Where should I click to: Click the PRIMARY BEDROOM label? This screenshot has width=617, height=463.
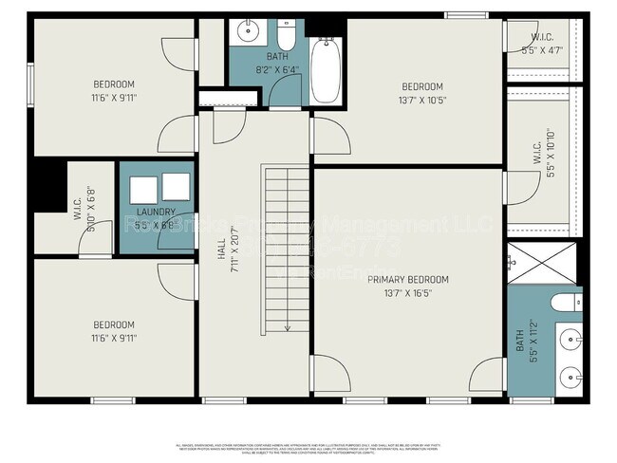(408, 280)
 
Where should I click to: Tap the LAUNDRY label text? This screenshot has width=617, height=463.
(154, 212)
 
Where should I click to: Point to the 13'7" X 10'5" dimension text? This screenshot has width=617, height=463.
(422, 100)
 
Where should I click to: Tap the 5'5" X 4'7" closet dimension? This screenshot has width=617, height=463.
(541, 51)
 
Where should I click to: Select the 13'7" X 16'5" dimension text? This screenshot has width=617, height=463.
(408, 293)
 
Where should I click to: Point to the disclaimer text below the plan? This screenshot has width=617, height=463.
(308, 447)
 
